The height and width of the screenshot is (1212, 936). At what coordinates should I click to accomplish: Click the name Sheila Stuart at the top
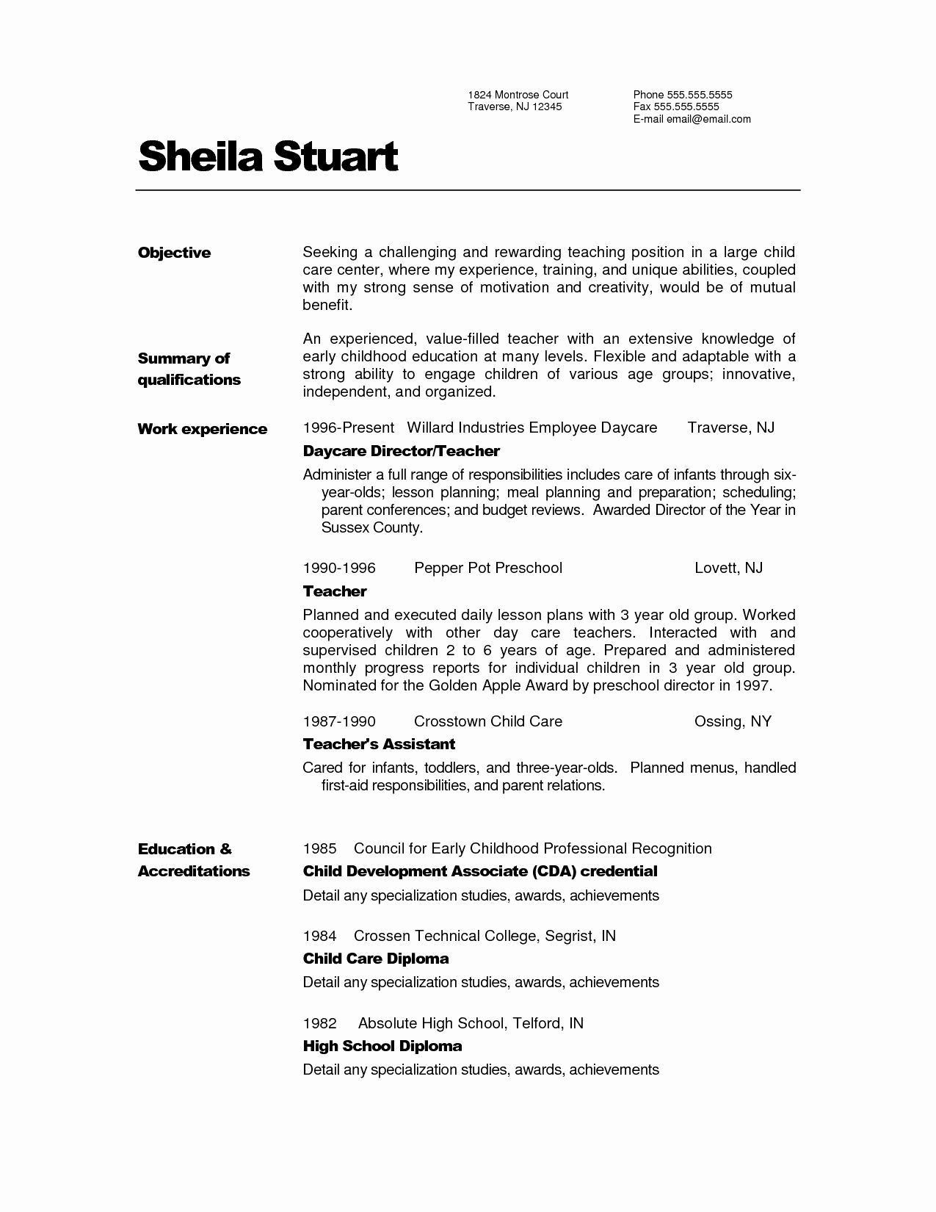(x=268, y=156)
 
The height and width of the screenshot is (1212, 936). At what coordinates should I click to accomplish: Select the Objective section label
(x=174, y=253)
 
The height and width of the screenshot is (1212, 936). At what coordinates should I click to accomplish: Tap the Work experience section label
(x=202, y=429)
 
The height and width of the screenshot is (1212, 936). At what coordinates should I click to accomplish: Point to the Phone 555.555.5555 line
(x=683, y=95)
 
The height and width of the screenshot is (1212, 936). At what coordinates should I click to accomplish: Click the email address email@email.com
(x=708, y=119)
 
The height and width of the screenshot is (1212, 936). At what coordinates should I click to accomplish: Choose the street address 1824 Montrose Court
(x=518, y=95)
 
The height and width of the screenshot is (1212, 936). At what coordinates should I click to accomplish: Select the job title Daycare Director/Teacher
(x=401, y=451)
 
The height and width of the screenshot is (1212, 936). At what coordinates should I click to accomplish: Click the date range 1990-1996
(x=339, y=568)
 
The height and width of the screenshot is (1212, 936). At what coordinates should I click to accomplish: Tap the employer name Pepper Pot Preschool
(x=488, y=568)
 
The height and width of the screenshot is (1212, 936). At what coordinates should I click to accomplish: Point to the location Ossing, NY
(x=733, y=721)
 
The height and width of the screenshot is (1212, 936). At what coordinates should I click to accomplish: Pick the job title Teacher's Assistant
(x=379, y=744)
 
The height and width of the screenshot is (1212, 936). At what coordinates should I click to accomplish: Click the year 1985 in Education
(x=319, y=848)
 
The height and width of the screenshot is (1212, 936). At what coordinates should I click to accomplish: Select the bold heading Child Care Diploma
(x=376, y=959)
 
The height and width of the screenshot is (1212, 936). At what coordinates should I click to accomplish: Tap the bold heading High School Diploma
(x=382, y=1046)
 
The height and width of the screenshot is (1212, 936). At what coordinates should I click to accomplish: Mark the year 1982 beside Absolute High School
(x=319, y=1023)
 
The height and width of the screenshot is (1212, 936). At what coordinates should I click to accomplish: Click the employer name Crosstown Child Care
(x=488, y=721)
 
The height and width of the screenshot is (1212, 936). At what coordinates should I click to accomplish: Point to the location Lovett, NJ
(x=728, y=568)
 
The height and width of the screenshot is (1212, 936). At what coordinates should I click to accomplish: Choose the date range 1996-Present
(x=348, y=428)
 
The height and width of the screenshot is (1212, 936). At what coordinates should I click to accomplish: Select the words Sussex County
(x=371, y=527)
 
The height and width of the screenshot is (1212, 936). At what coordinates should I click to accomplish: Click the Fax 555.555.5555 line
(x=676, y=107)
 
